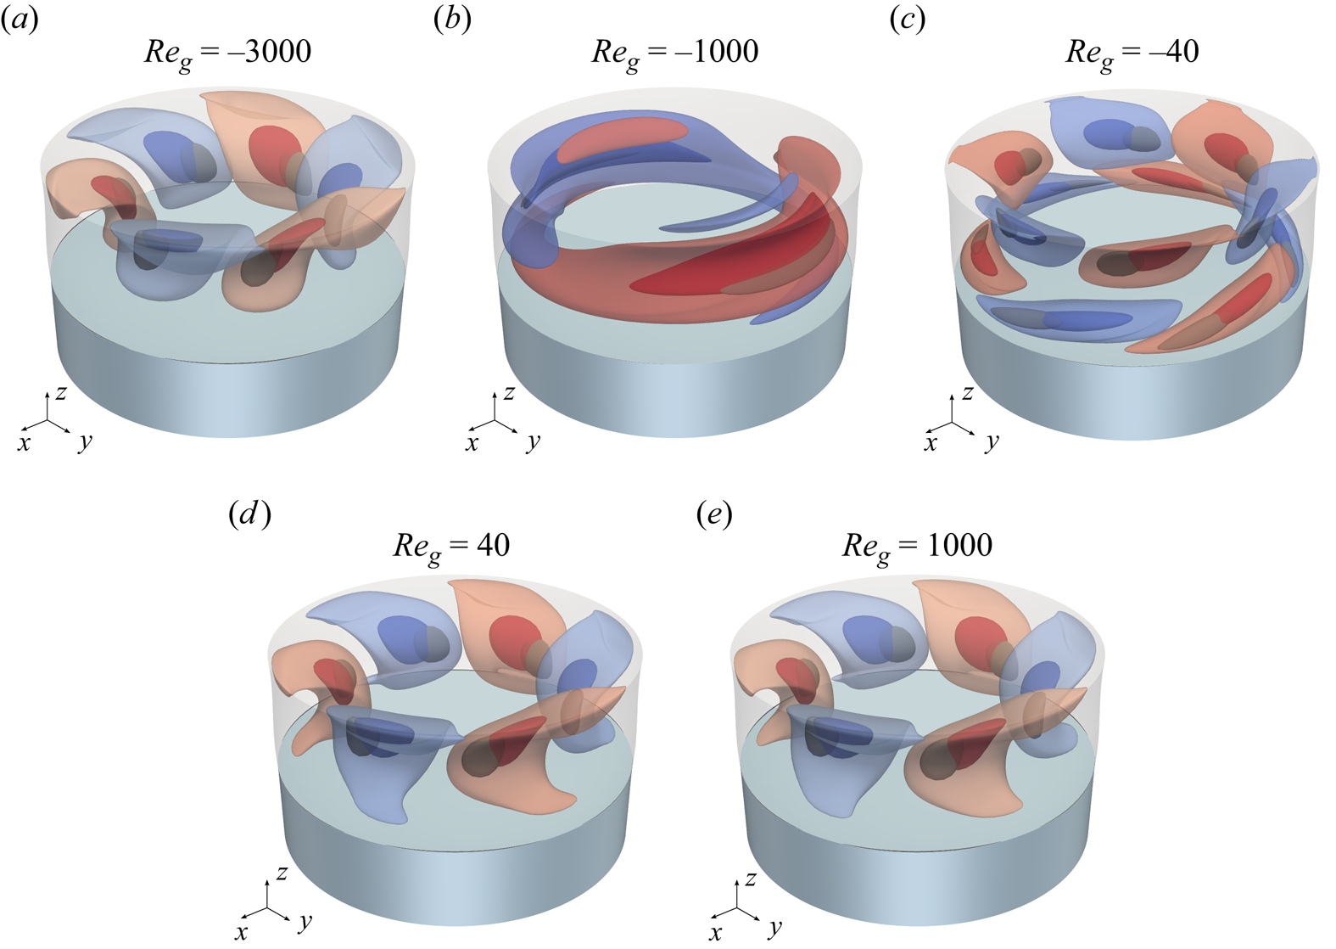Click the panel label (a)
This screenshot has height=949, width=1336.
[20, 19]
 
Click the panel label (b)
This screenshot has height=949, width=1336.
[452, 19]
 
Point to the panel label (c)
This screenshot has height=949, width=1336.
[907, 19]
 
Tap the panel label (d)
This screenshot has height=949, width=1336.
[249, 514]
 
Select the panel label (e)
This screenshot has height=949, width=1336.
[713, 514]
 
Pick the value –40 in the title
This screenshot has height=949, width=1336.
[1173, 52]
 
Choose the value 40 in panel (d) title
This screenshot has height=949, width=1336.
[493, 545]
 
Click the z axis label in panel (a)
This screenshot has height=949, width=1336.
[61, 392]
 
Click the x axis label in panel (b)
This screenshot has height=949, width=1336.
[472, 443]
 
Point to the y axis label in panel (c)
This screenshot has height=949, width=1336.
[992, 441]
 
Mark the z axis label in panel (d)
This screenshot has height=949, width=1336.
[282, 872]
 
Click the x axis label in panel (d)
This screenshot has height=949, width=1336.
[242, 932]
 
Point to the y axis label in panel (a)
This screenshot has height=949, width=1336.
[86, 441]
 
